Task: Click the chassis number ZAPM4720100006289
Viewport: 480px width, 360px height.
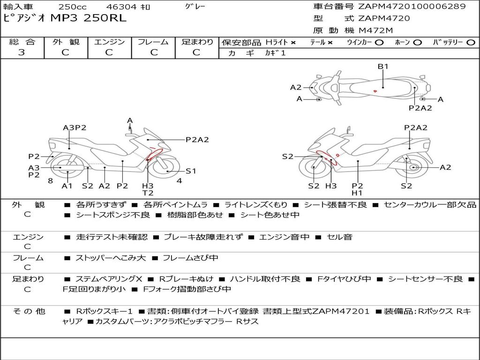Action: [412, 7]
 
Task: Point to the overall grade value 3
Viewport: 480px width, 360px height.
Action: [22, 52]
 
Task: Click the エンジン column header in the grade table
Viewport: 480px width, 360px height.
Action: [109, 42]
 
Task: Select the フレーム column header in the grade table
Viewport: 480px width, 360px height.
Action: [153, 42]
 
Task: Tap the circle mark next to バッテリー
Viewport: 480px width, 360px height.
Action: [470, 42]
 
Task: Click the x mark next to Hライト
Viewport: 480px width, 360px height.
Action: [293, 43]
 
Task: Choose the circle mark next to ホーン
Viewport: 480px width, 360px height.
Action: [417, 42]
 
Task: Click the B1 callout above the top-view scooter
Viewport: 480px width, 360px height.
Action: [383, 67]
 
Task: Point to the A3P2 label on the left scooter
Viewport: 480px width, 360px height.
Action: [75, 127]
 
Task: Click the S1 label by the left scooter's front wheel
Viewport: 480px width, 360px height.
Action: [191, 171]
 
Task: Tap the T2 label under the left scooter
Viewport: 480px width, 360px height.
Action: [148, 193]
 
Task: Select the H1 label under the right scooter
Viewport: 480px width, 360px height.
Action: [357, 193]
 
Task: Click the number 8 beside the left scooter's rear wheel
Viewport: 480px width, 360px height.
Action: [50, 180]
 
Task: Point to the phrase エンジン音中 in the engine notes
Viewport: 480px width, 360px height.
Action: [284, 237]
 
